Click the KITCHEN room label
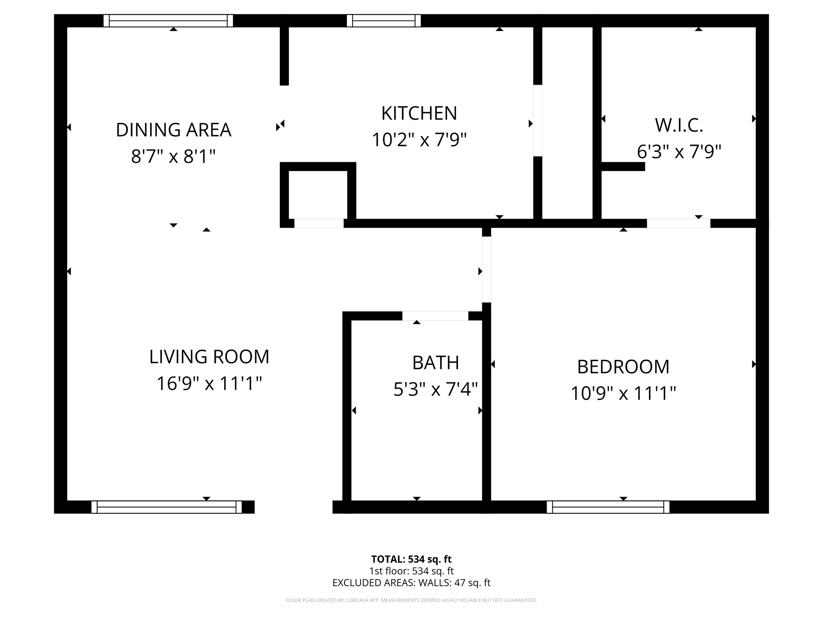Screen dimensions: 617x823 click(419, 113)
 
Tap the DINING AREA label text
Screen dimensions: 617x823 click(173, 130)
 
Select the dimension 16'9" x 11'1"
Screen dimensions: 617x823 click(209, 383)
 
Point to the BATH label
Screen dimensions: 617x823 click(436, 363)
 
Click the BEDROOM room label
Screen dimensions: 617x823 click(623, 367)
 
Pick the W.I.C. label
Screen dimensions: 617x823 click(679, 125)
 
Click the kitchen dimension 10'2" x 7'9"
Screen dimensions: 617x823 click(419, 140)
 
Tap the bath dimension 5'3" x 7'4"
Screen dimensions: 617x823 click(436, 389)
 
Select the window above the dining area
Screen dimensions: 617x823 click(168, 20)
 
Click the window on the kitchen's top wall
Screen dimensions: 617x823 click(383, 20)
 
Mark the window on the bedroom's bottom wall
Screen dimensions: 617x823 click(608, 507)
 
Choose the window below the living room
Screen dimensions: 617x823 click(166, 507)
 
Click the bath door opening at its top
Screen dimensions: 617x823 click(435, 316)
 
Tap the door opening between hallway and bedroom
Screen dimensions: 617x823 click(486, 269)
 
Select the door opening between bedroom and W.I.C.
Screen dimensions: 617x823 click(678, 223)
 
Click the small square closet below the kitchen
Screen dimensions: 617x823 click(318, 194)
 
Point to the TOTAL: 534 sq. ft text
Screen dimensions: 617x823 click(411, 559)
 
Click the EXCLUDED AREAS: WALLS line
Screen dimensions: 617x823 click(411, 583)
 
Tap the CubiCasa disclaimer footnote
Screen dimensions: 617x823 click(411, 601)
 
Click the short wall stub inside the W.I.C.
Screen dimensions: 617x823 click(623, 166)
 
